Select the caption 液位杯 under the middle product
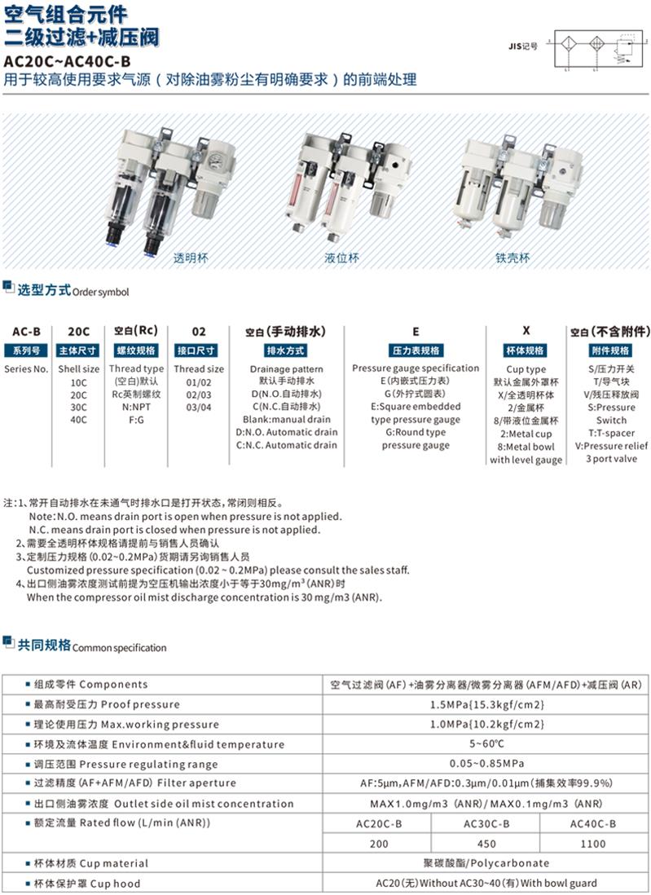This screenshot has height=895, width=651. [x=341, y=258]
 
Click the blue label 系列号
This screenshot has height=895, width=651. [x=26, y=351]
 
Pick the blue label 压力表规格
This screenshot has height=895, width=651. [x=416, y=351]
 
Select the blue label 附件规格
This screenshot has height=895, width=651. [x=609, y=351]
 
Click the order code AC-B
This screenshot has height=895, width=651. [x=26, y=332]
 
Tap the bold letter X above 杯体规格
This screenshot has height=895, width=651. [x=526, y=331]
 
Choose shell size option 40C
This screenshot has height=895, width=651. [x=78, y=420]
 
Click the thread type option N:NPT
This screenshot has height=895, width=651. [x=136, y=407]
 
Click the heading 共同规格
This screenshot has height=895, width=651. [x=44, y=646]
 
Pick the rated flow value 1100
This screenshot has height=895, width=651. [x=592, y=844]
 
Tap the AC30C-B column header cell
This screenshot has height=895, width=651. [x=486, y=824]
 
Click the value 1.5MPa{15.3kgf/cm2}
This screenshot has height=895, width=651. [x=486, y=704]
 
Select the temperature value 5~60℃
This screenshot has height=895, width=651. [x=486, y=743]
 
